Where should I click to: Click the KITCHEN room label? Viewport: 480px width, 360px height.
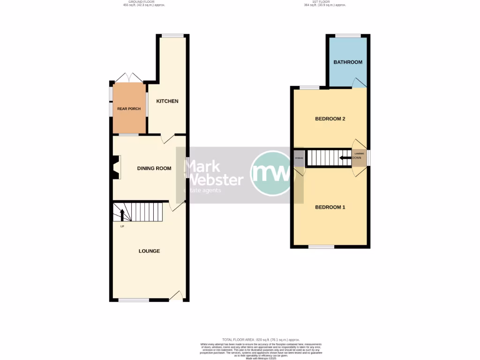click(x=167, y=101)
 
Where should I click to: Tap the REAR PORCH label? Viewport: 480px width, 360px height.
click(x=129, y=109)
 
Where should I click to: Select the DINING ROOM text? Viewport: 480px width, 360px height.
click(x=154, y=168)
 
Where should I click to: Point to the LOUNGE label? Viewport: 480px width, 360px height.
click(x=149, y=251)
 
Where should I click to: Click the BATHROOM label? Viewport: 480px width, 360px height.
click(x=348, y=62)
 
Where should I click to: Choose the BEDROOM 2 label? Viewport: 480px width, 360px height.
click(x=330, y=119)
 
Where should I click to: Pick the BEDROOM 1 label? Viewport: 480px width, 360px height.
click(x=330, y=207)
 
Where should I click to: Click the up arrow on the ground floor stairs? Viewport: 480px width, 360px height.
click(x=122, y=215)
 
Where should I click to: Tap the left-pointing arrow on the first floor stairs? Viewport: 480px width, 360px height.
click(x=345, y=157)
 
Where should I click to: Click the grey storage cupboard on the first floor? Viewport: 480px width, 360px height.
click(x=299, y=158)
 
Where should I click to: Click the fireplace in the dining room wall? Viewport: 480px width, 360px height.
click(x=116, y=168)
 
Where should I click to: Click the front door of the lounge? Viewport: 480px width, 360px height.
click(x=176, y=296)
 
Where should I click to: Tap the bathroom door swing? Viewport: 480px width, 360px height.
click(x=359, y=82)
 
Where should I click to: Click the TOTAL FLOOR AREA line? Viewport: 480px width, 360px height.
click(x=261, y=339)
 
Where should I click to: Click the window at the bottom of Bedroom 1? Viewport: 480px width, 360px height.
click(x=321, y=247)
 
